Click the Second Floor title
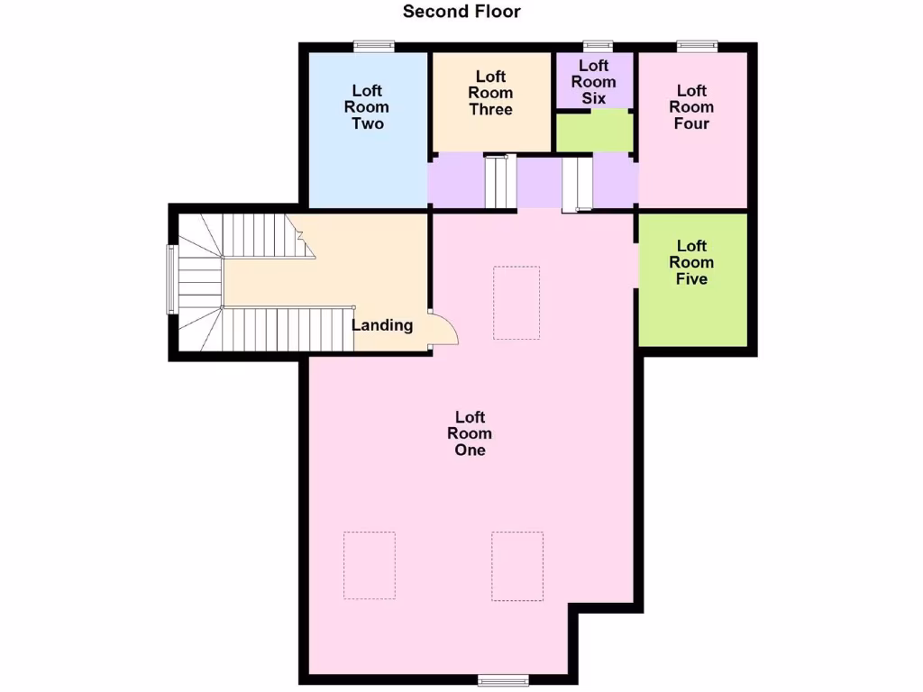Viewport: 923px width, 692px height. [461, 12]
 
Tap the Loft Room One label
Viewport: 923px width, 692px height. [470, 433]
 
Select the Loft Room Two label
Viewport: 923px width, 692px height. [367, 107]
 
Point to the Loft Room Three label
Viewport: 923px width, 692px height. [490, 93]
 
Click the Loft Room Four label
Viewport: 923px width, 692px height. [691, 106]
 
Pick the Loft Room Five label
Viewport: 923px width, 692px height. [691, 262]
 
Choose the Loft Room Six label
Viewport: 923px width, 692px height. [593, 81]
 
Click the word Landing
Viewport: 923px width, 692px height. [382, 325]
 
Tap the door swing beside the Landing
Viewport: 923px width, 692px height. [443, 328]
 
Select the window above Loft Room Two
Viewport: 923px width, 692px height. [373, 46]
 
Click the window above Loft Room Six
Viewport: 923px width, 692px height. [598, 46]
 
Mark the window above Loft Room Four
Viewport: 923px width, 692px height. [698, 46]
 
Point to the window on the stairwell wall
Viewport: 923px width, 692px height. [170, 279]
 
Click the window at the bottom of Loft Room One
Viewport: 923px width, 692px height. [503, 678]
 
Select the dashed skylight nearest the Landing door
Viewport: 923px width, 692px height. [516, 303]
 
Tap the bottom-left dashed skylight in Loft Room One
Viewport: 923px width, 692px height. [370, 566]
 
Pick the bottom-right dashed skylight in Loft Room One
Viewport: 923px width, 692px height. [517, 566]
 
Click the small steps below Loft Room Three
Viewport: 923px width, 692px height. [498, 181]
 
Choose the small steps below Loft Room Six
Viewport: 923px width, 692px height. [577, 184]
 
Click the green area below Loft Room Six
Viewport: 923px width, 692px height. [593, 132]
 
